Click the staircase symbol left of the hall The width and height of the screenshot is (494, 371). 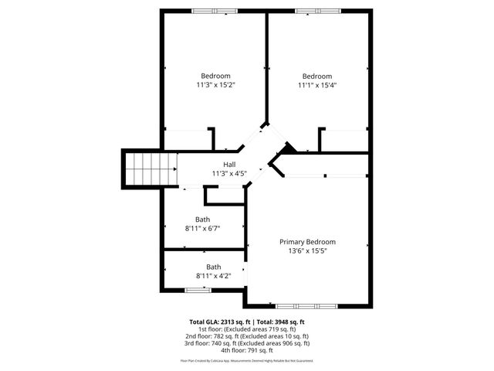[x=144, y=168]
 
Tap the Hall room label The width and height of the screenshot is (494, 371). [x=229, y=165]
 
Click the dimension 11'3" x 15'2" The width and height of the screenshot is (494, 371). [x=215, y=85]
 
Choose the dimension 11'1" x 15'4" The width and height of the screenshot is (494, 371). [x=316, y=85]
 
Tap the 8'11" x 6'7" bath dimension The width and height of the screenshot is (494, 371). [x=203, y=229]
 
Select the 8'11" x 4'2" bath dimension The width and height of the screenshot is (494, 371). [x=203, y=276]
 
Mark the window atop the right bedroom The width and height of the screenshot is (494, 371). [x=316, y=10]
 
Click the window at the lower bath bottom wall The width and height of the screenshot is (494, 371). [x=198, y=290]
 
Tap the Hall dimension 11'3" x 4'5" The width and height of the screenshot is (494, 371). [x=229, y=174]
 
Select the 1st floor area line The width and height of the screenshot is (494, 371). [x=247, y=329]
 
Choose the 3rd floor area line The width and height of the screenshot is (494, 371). [x=247, y=343]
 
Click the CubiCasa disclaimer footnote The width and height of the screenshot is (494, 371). [x=247, y=361]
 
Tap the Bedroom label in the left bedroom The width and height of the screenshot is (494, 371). [x=215, y=76]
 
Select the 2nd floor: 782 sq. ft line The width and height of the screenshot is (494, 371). [x=247, y=336]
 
